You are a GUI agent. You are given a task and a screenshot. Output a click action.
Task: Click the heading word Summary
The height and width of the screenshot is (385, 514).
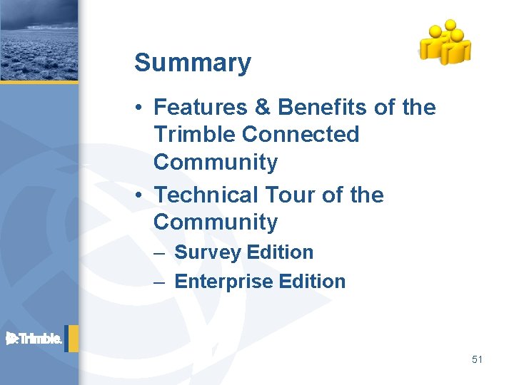(192, 63)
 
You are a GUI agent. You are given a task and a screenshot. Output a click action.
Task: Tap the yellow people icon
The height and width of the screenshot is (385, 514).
(444, 42)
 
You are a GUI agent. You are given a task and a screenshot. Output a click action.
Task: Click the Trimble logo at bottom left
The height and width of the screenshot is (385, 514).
(34, 339)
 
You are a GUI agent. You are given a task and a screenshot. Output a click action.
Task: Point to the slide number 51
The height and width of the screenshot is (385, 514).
(477, 359)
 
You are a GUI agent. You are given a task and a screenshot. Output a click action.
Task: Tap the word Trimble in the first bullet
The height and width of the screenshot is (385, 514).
(194, 134)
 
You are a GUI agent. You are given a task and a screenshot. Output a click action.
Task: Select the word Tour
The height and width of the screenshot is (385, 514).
(287, 195)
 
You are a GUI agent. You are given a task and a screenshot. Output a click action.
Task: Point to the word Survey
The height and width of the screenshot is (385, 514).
(206, 252)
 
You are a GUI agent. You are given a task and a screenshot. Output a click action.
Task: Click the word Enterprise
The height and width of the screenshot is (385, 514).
(219, 282)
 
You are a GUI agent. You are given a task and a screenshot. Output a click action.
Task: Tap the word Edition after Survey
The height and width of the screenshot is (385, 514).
(280, 252)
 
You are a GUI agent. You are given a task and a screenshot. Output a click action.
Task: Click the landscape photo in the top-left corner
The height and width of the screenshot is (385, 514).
(39, 40)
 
